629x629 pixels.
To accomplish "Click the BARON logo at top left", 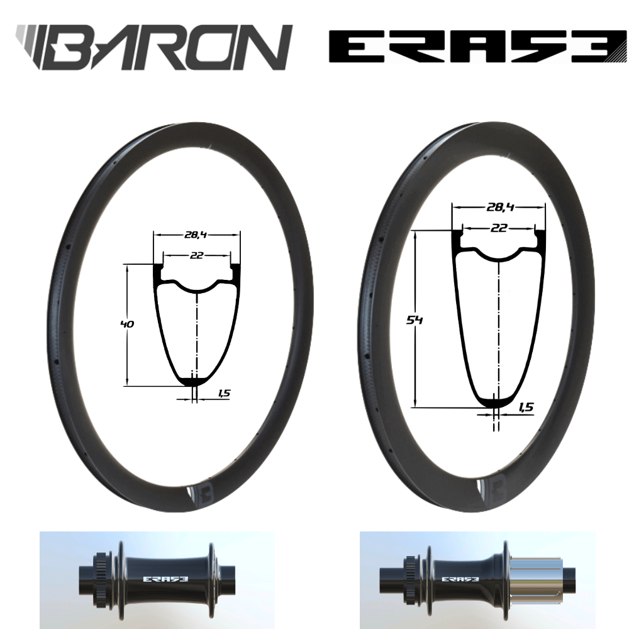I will point(154,47).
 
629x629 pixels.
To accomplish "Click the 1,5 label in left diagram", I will point(223,393).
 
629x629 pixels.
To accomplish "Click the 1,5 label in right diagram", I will point(525,408).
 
